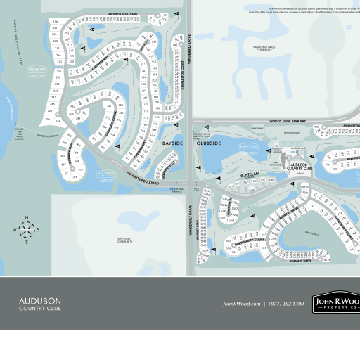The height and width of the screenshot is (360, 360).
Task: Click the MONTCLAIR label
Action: tap(230, 174)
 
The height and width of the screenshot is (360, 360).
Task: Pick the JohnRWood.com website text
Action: tap(241, 303)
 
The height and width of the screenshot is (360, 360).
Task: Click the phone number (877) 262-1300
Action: tap(288, 303)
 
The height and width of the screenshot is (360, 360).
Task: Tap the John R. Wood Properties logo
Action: tap(336, 303)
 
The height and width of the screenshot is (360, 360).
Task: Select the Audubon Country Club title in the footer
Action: tap(40, 303)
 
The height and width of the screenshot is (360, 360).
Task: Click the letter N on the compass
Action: tap(26, 217)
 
